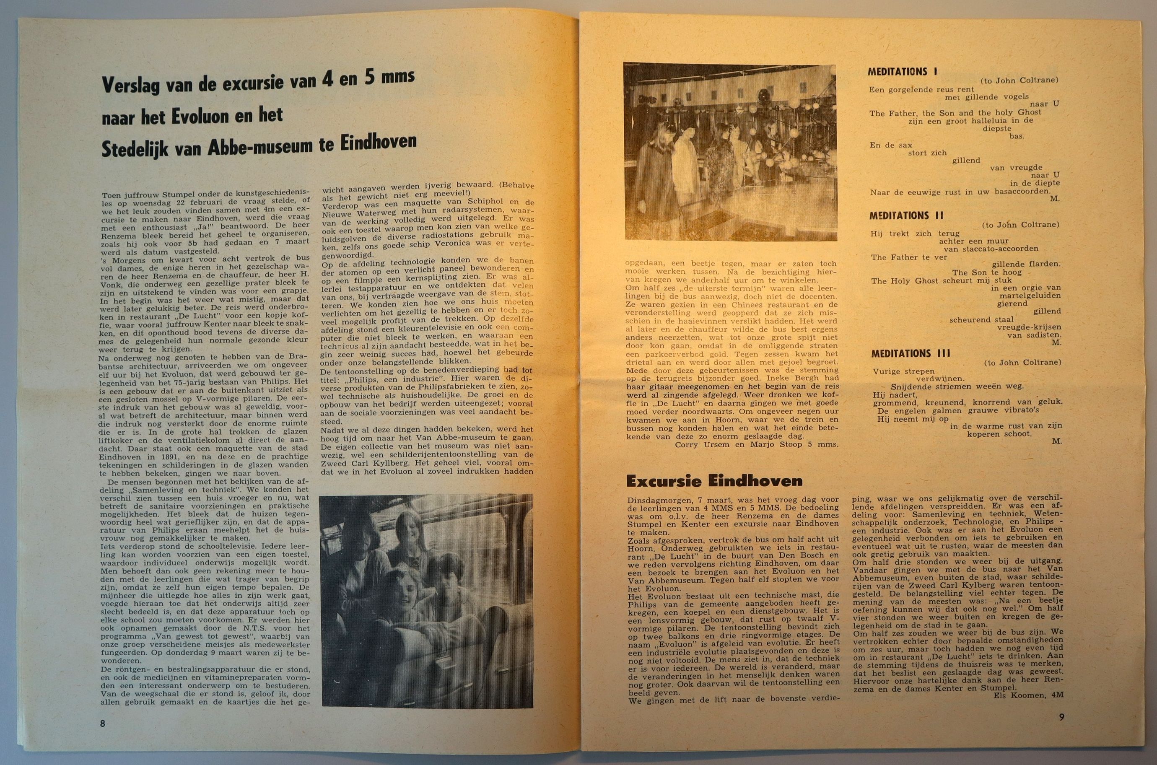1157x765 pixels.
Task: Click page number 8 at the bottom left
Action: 102,724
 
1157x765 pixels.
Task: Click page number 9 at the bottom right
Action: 1061,717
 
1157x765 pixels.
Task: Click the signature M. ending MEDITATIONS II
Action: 1053,342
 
